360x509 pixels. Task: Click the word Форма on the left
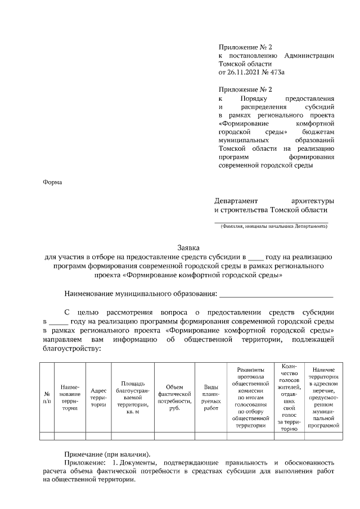coord(52,182)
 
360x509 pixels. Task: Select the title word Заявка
coord(188,247)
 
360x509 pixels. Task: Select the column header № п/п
coord(47,397)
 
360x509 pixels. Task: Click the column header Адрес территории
coord(98,397)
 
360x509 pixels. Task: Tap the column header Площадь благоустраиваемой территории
coord(133,397)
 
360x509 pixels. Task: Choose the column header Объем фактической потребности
coord(174,397)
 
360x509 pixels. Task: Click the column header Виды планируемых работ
coord(210,397)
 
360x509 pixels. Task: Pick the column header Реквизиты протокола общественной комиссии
coord(250,397)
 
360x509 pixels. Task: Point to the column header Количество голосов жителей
coord(289,397)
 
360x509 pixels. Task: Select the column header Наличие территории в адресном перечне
coord(323,397)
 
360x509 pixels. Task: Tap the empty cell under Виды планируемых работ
coord(210,435)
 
